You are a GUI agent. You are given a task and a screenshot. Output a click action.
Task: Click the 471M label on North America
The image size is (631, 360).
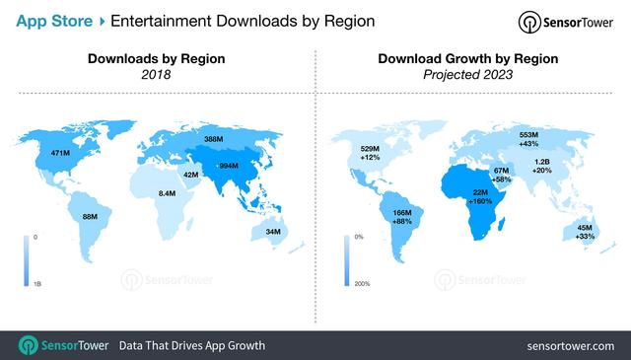point(60,155)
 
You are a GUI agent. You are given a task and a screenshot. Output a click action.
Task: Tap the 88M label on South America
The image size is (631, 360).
point(89,217)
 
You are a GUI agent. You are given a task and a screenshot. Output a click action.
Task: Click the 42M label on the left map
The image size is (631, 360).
point(192,175)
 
